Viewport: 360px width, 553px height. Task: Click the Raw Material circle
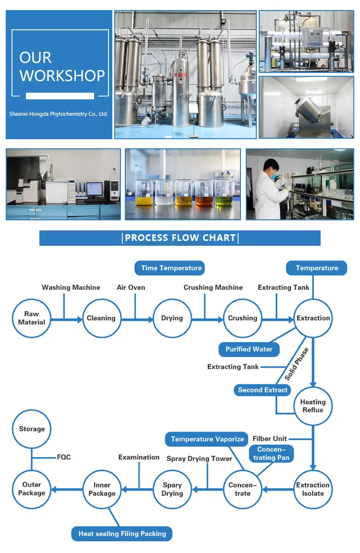[x=31, y=318]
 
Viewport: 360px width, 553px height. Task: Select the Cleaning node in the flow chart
[x=102, y=318]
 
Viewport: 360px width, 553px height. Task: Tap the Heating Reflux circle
[x=313, y=406]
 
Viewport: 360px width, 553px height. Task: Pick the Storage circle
[x=31, y=429]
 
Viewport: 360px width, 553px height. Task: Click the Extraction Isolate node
[x=313, y=489]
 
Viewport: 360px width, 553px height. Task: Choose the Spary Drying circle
[x=172, y=489]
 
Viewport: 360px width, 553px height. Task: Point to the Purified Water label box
[x=249, y=349]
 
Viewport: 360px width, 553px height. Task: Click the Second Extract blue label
[x=263, y=390]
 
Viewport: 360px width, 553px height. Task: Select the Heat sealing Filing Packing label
[x=122, y=534]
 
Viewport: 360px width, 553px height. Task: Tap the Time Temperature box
[x=169, y=268]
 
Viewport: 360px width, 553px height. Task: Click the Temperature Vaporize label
[x=207, y=439]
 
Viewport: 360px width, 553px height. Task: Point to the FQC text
[x=64, y=457]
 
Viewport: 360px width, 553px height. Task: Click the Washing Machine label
[x=71, y=288]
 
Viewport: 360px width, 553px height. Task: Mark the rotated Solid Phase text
[x=297, y=364]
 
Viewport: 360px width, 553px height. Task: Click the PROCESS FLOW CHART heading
[x=180, y=238]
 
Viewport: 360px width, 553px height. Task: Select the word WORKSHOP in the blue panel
[x=62, y=76]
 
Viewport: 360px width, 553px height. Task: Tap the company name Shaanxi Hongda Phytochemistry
[x=58, y=114]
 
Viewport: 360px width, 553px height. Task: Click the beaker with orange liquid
[x=204, y=193]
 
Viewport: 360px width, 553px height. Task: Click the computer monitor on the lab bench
[x=94, y=188]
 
